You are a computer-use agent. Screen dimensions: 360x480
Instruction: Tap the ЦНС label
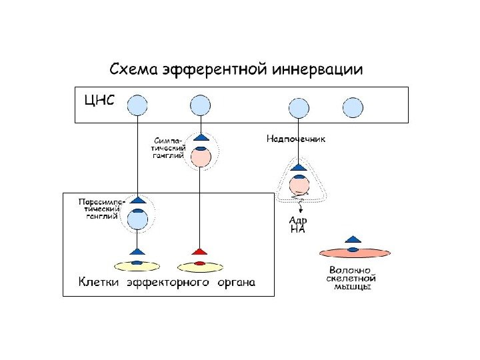pos(99,101)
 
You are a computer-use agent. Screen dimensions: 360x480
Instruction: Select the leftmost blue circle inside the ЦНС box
pos(137,105)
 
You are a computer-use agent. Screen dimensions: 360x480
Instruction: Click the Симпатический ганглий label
pos(169,147)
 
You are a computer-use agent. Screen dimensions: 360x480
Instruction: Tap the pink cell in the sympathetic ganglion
pos(201,157)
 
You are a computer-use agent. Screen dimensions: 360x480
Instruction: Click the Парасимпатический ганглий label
pos(99,208)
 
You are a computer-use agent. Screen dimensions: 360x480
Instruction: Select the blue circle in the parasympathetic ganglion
pos(137,219)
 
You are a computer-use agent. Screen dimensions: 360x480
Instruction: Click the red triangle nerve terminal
pos(199,252)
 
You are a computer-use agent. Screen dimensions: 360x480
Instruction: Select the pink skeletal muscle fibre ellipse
pos(355,252)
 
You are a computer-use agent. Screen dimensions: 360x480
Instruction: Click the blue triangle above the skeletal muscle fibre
pos(353,239)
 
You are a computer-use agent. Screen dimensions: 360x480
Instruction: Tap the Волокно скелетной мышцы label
pos(352,278)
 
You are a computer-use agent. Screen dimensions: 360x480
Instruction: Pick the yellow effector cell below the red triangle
pos(199,267)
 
